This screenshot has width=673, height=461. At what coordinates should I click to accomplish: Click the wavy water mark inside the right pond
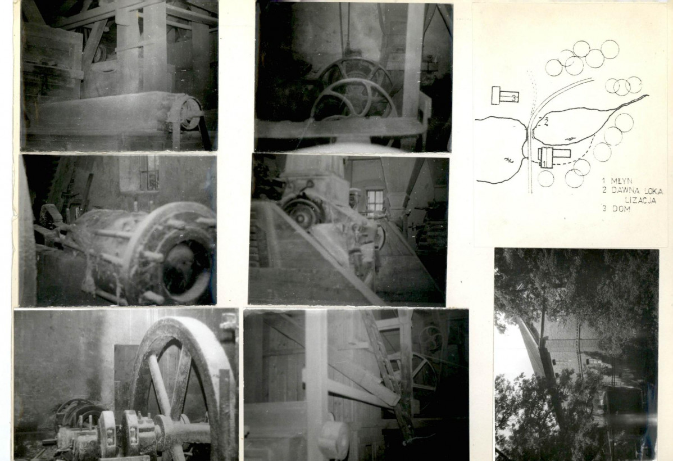pos(569,139)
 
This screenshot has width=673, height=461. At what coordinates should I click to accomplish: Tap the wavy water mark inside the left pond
pos(508,161)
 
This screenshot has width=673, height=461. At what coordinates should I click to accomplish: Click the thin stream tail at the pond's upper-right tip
pos(636,100)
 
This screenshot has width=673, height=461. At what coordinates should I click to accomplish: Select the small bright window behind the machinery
pos(374,203)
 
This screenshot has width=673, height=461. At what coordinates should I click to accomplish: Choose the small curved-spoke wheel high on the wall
pos(430,340)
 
